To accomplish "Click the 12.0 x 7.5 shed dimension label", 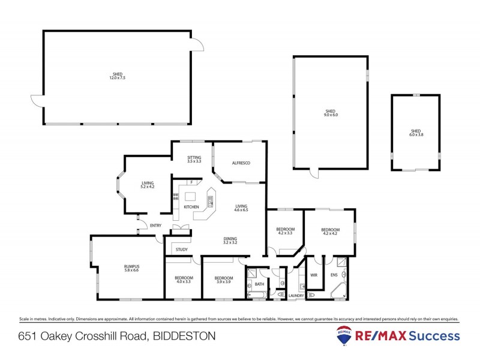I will pos(117,78).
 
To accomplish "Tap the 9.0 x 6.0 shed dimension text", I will pos(330,115).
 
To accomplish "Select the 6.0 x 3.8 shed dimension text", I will pos(416,135).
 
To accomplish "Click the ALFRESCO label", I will pos(241,163).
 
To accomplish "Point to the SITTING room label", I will pos(194,157).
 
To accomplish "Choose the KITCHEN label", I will pos(191,207).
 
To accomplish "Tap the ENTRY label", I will pos(155,226).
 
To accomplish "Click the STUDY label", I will pos(182,249).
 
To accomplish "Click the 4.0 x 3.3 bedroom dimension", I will pos(183,281).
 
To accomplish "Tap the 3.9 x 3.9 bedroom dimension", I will pos(224,281).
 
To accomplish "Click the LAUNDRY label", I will pos(296,296).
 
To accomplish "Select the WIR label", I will pos(313,275).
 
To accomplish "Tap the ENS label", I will pos(334,275).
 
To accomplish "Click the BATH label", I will pos(259,284).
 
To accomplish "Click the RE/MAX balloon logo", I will pos(344,335).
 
